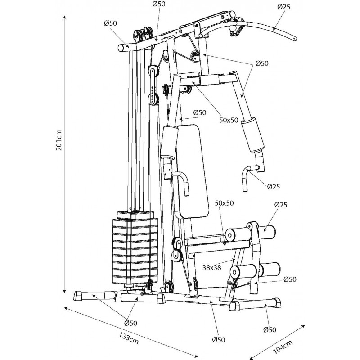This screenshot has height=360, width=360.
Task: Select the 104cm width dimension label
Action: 283,346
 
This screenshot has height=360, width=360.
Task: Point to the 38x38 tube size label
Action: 211,267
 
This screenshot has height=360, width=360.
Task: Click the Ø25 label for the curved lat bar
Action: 284,7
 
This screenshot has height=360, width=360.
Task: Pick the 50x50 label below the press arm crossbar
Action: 229,120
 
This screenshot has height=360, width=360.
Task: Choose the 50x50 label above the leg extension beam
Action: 224,203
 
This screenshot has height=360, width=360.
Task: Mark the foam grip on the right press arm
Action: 252,135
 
